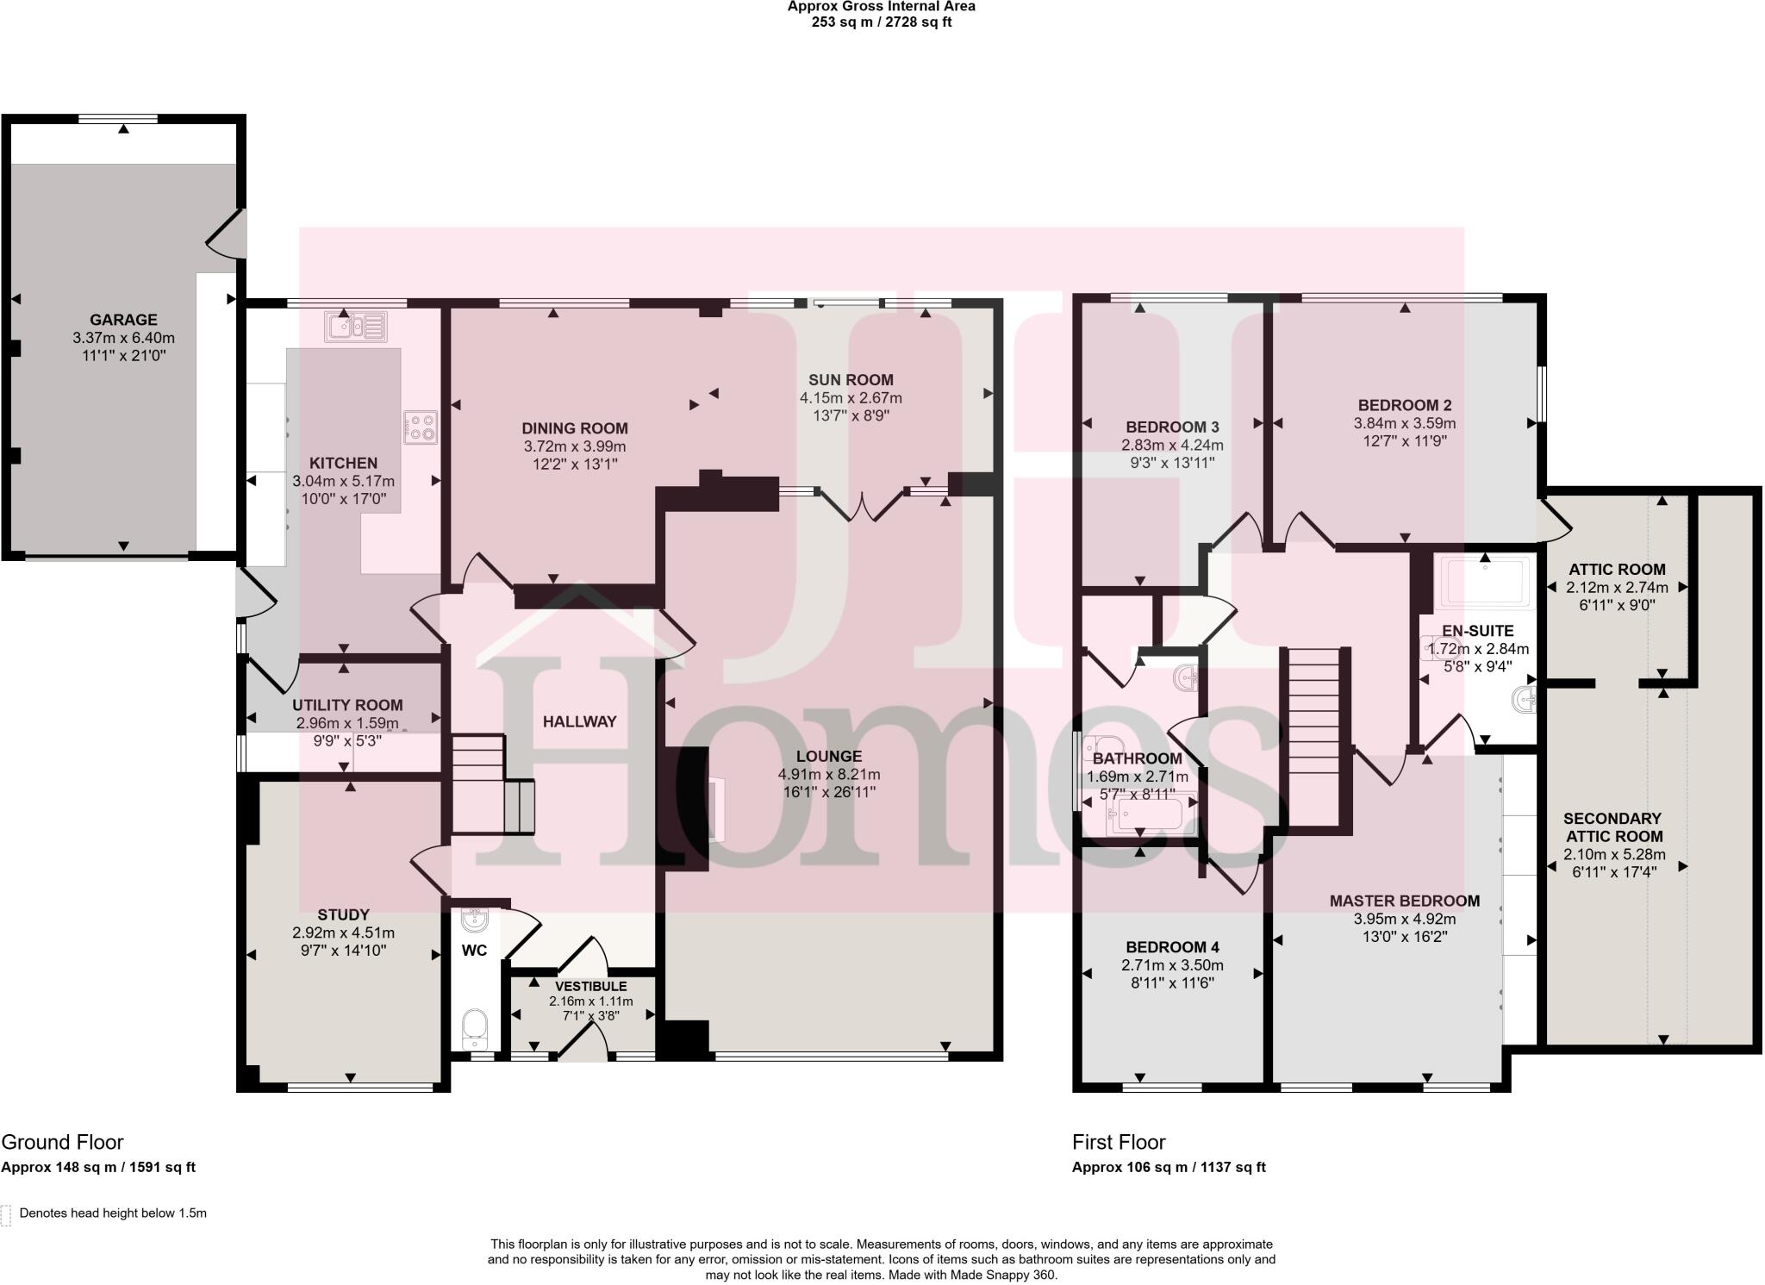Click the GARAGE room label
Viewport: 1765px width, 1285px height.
pyautogui.click(x=123, y=320)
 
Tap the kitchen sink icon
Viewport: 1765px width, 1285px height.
pyautogui.click(x=355, y=327)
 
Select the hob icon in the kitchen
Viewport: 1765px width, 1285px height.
pyautogui.click(x=421, y=427)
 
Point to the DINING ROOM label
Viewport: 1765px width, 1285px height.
pyautogui.click(x=574, y=428)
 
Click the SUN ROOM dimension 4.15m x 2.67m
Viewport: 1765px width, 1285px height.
pyautogui.click(x=850, y=398)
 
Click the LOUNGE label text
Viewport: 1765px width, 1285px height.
pyautogui.click(x=829, y=757)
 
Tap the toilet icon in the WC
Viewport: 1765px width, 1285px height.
pyautogui.click(x=474, y=1026)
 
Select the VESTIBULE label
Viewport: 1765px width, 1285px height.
pyautogui.click(x=590, y=986)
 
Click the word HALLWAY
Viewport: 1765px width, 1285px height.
pyautogui.click(x=579, y=721)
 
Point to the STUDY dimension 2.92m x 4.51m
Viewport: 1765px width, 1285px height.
pyautogui.click(x=343, y=933)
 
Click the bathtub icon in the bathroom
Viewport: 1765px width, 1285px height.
pyautogui.click(x=1152, y=814)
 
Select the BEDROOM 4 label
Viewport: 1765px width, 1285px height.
pyautogui.click(x=1172, y=946)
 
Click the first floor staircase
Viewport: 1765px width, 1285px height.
pyautogui.click(x=1314, y=737)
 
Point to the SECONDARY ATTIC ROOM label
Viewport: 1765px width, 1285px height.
pyautogui.click(x=1612, y=827)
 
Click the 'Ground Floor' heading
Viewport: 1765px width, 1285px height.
pyautogui.click(x=62, y=1142)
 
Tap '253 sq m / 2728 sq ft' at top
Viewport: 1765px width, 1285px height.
pyautogui.click(x=881, y=22)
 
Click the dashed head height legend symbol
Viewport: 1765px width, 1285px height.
pyautogui.click(x=6, y=1214)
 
